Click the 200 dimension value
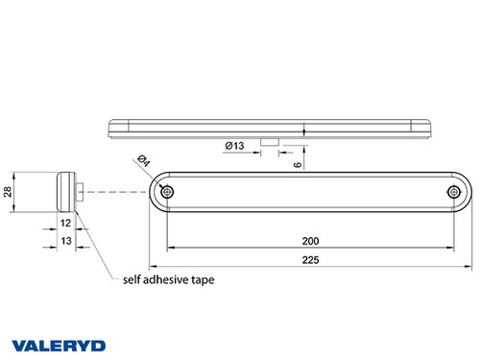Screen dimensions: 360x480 (x=310, y=240)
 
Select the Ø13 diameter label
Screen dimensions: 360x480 (x=235, y=146)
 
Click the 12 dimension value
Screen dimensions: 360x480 (x=65, y=222)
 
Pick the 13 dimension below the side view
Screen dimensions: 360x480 (x=65, y=241)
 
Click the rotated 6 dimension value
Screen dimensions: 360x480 (x=300, y=164)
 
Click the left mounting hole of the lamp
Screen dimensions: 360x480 (x=168, y=193)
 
